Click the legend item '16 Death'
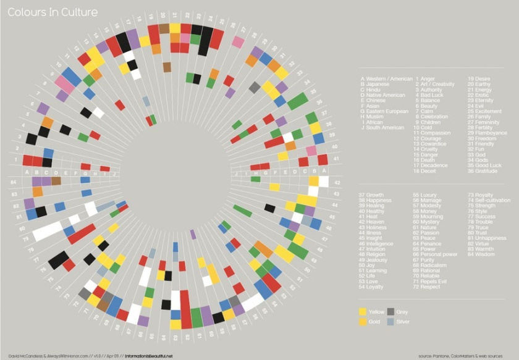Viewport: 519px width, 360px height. click(x=431, y=160)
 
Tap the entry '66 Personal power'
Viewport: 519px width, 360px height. click(x=436, y=254)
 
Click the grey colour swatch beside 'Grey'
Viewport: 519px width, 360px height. click(x=391, y=311)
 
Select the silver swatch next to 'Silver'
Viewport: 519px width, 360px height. click(x=391, y=322)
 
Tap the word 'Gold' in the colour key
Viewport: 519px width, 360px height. click(x=375, y=322)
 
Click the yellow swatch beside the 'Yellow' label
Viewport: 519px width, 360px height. click(x=363, y=311)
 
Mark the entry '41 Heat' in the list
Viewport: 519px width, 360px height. click(x=372, y=217)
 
